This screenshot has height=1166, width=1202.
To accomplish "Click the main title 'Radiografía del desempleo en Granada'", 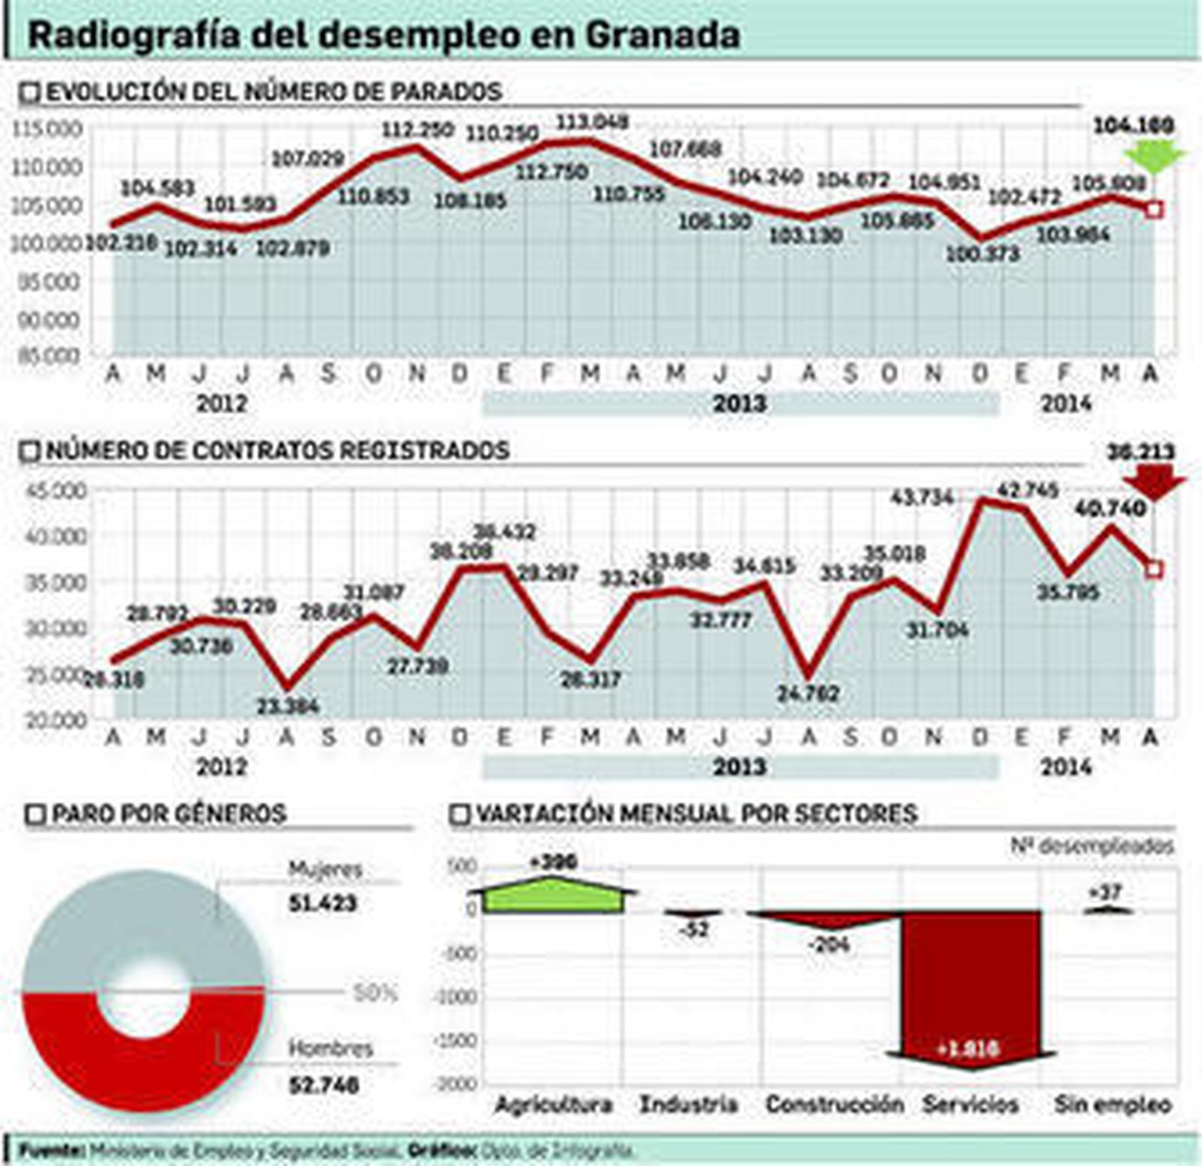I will click(x=383, y=35).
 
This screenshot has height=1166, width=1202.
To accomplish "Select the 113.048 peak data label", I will click(x=593, y=121).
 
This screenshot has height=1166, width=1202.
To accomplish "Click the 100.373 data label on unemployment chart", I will click(x=982, y=254).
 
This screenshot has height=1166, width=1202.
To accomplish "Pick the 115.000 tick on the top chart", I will click(x=47, y=128).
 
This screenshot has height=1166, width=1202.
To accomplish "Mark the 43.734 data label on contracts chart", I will click(x=921, y=497).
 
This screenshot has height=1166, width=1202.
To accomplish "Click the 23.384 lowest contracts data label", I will click(x=288, y=706).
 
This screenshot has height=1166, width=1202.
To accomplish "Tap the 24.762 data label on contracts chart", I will click(x=808, y=693).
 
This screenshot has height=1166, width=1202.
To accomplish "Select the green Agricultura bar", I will click(x=552, y=897).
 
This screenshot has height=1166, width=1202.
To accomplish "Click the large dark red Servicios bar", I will click(x=971, y=984).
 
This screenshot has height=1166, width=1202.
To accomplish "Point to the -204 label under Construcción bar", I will click(x=829, y=944).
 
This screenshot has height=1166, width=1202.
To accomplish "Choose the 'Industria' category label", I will click(x=687, y=1104).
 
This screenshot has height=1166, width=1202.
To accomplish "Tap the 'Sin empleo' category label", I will click(x=1113, y=1104).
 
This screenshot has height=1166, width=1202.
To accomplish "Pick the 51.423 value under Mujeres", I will click(x=322, y=903).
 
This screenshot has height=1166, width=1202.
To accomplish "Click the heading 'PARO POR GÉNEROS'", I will click(x=168, y=814).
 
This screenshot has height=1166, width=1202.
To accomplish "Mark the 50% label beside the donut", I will click(x=374, y=994).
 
